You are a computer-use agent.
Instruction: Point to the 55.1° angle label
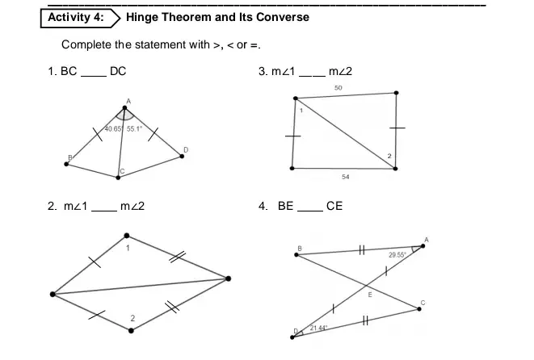click(x=133, y=128)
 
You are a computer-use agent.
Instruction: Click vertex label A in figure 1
click(x=127, y=100)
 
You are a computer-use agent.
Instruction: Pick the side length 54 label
click(x=346, y=176)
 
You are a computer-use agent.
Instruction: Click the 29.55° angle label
click(x=397, y=255)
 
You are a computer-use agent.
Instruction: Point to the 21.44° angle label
click(x=319, y=328)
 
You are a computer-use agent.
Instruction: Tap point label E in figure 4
click(x=370, y=297)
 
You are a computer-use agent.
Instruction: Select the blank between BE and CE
click(x=309, y=207)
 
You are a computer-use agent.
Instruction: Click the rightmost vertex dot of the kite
click(x=229, y=278)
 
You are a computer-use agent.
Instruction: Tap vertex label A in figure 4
click(x=426, y=239)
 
